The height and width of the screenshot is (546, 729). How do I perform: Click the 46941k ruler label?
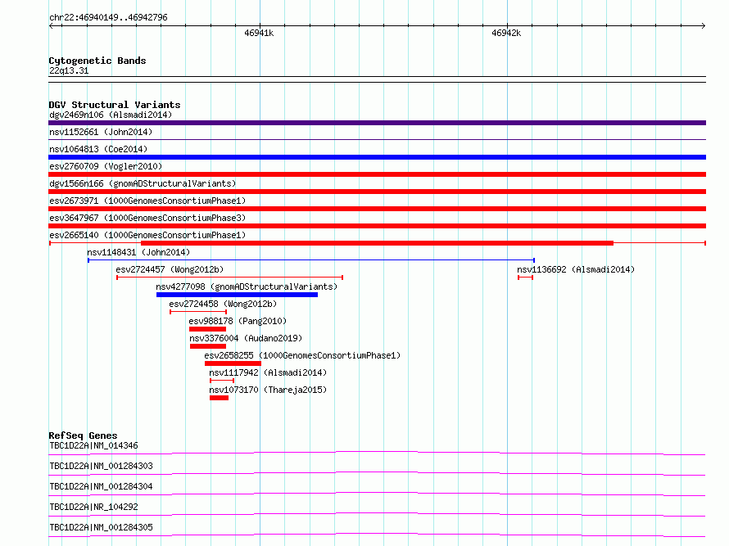coord(259,33)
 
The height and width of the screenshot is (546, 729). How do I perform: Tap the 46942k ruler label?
coord(506,33)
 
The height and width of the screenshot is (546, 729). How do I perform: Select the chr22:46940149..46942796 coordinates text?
coord(108,17)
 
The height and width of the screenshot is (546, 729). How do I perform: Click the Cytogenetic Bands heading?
coord(97,61)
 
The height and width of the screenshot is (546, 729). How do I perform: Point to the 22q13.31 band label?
coord(69,70)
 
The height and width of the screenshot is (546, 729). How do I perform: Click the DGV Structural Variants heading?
coord(115,105)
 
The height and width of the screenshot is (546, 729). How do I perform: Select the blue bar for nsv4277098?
coord(237,295)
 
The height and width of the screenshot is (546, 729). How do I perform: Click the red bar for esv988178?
coord(207,329)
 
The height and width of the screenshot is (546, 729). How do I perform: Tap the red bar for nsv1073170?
coord(219,398)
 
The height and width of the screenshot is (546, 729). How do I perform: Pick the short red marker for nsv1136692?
coord(525,278)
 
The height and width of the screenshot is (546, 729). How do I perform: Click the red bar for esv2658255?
coord(233,363)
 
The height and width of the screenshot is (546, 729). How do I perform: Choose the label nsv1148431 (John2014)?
coord(138,252)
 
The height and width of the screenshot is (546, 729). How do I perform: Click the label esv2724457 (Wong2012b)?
coord(170,269)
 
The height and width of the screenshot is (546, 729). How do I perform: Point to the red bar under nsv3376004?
coord(208,346)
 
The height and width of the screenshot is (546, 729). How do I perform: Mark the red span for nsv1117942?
coord(222,381)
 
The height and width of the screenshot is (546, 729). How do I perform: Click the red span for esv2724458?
coord(198,312)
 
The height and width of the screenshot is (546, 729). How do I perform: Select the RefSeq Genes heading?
coord(83,435)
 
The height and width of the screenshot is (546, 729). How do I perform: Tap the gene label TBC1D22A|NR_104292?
coord(93,507)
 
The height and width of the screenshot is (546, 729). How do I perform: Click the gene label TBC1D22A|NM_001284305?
coord(101,527)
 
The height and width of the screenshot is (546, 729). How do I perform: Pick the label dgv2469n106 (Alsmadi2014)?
coord(111,115)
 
